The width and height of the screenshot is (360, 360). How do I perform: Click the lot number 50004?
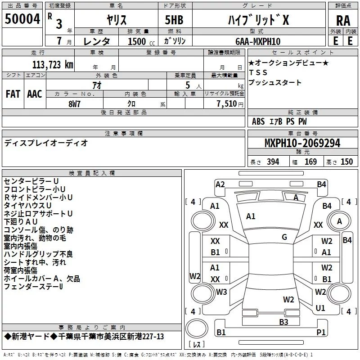tap(22, 19)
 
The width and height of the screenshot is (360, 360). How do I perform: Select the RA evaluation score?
tap(343, 21)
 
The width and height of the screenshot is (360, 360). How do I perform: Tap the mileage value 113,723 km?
tap(53, 65)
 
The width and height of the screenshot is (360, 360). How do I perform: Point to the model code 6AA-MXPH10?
tap(258, 41)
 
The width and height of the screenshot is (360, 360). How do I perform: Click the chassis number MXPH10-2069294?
tap(302, 143)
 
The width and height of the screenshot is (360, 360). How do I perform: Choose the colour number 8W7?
tap(74, 104)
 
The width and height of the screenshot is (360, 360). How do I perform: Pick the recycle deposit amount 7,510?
tap(227, 104)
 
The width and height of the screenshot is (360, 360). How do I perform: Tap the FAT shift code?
tap(13, 94)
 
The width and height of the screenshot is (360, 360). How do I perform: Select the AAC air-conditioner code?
tap(35, 94)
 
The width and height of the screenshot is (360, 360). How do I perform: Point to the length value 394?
tap(273, 162)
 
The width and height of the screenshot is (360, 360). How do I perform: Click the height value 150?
tap(346, 162)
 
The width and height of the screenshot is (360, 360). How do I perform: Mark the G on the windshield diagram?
tap(284, 237)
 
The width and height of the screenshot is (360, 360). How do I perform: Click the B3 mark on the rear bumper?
tap(283, 322)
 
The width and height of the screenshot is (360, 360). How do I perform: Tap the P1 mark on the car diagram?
tap(321, 332)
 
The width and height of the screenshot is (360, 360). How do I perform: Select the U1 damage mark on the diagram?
tap(320, 308)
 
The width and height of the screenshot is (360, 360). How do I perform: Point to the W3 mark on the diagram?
tap(221, 292)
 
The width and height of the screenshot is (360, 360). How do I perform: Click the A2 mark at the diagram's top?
tap(220, 184)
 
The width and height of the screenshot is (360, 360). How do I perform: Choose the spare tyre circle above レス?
tap(197, 328)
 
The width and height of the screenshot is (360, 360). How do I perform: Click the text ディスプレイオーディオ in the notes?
tap(46, 143)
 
